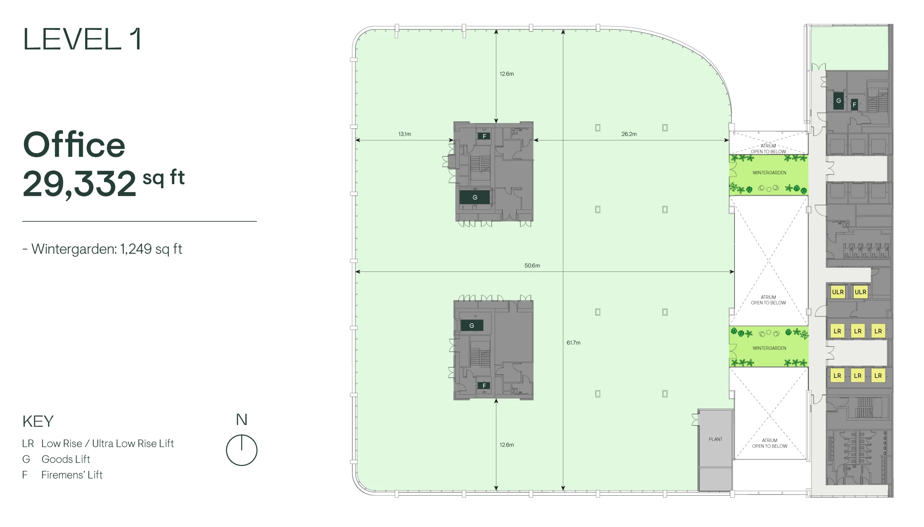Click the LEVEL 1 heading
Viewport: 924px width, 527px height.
(x=83, y=39)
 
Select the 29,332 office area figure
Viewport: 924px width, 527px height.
(x=79, y=184)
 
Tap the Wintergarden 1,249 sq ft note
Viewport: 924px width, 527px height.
(x=103, y=249)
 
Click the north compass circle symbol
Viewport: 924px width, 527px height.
(x=241, y=450)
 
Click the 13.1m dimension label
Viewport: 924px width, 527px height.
(x=405, y=134)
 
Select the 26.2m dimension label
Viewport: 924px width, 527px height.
(x=629, y=134)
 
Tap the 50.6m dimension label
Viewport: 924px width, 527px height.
(x=532, y=265)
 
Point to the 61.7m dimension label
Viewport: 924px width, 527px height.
(x=573, y=343)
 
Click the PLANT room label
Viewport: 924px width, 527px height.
(x=715, y=439)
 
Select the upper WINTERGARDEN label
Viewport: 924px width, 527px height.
(x=769, y=173)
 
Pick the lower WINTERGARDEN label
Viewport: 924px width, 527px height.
(x=769, y=348)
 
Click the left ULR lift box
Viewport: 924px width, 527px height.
(x=837, y=292)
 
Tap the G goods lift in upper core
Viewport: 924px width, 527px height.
(x=475, y=197)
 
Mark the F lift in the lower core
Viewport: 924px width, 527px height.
(x=484, y=386)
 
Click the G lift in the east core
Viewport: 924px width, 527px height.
(x=838, y=101)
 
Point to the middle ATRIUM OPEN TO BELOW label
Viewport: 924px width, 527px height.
(x=768, y=300)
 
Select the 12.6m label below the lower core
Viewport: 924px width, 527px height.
(x=507, y=444)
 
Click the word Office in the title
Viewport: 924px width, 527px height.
(x=74, y=144)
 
